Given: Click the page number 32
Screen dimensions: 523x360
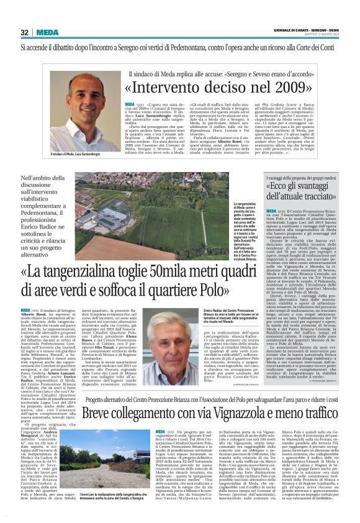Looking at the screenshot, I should [25, 32].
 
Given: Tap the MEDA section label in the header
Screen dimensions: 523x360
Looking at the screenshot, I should [48, 32].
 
